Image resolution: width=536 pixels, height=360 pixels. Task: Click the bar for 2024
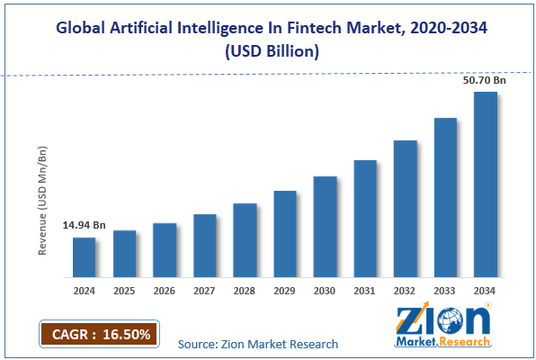click(85, 257)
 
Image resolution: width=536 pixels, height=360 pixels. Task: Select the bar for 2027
click(205, 246)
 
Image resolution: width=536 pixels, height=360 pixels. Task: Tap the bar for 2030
click(325, 227)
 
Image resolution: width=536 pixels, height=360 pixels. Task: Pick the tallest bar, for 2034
click(486, 184)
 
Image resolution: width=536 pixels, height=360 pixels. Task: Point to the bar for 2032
click(406, 209)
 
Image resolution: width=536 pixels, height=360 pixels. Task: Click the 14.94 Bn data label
click(85, 225)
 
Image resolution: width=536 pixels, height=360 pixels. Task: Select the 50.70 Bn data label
click(485, 80)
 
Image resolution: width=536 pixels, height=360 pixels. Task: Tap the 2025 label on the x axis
click(124, 291)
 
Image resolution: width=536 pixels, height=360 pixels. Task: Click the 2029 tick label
click(284, 291)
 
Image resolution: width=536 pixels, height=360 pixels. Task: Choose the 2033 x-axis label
click(444, 291)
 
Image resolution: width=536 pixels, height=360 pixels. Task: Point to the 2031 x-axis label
click(364, 291)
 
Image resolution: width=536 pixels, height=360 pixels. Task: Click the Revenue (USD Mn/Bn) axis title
click(42, 201)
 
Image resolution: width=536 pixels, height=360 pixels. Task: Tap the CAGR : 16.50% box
click(99, 334)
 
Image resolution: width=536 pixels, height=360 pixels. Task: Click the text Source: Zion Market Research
click(258, 344)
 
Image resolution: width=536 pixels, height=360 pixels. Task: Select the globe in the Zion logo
click(451, 320)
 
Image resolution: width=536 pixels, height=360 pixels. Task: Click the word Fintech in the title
click(314, 28)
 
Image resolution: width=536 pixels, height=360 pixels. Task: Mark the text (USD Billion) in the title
click(272, 51)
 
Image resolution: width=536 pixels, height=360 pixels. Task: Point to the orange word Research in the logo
click(465, 341)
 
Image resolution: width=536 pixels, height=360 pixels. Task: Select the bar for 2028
click(246, 240)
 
